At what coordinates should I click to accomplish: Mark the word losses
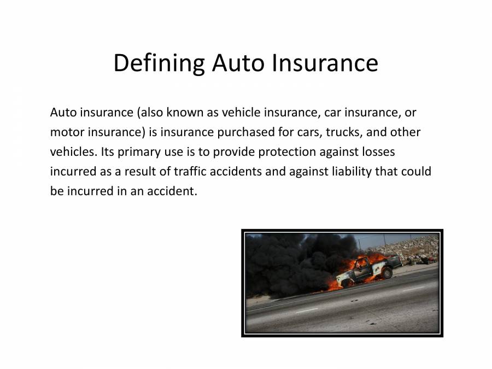(x=376, y=152)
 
